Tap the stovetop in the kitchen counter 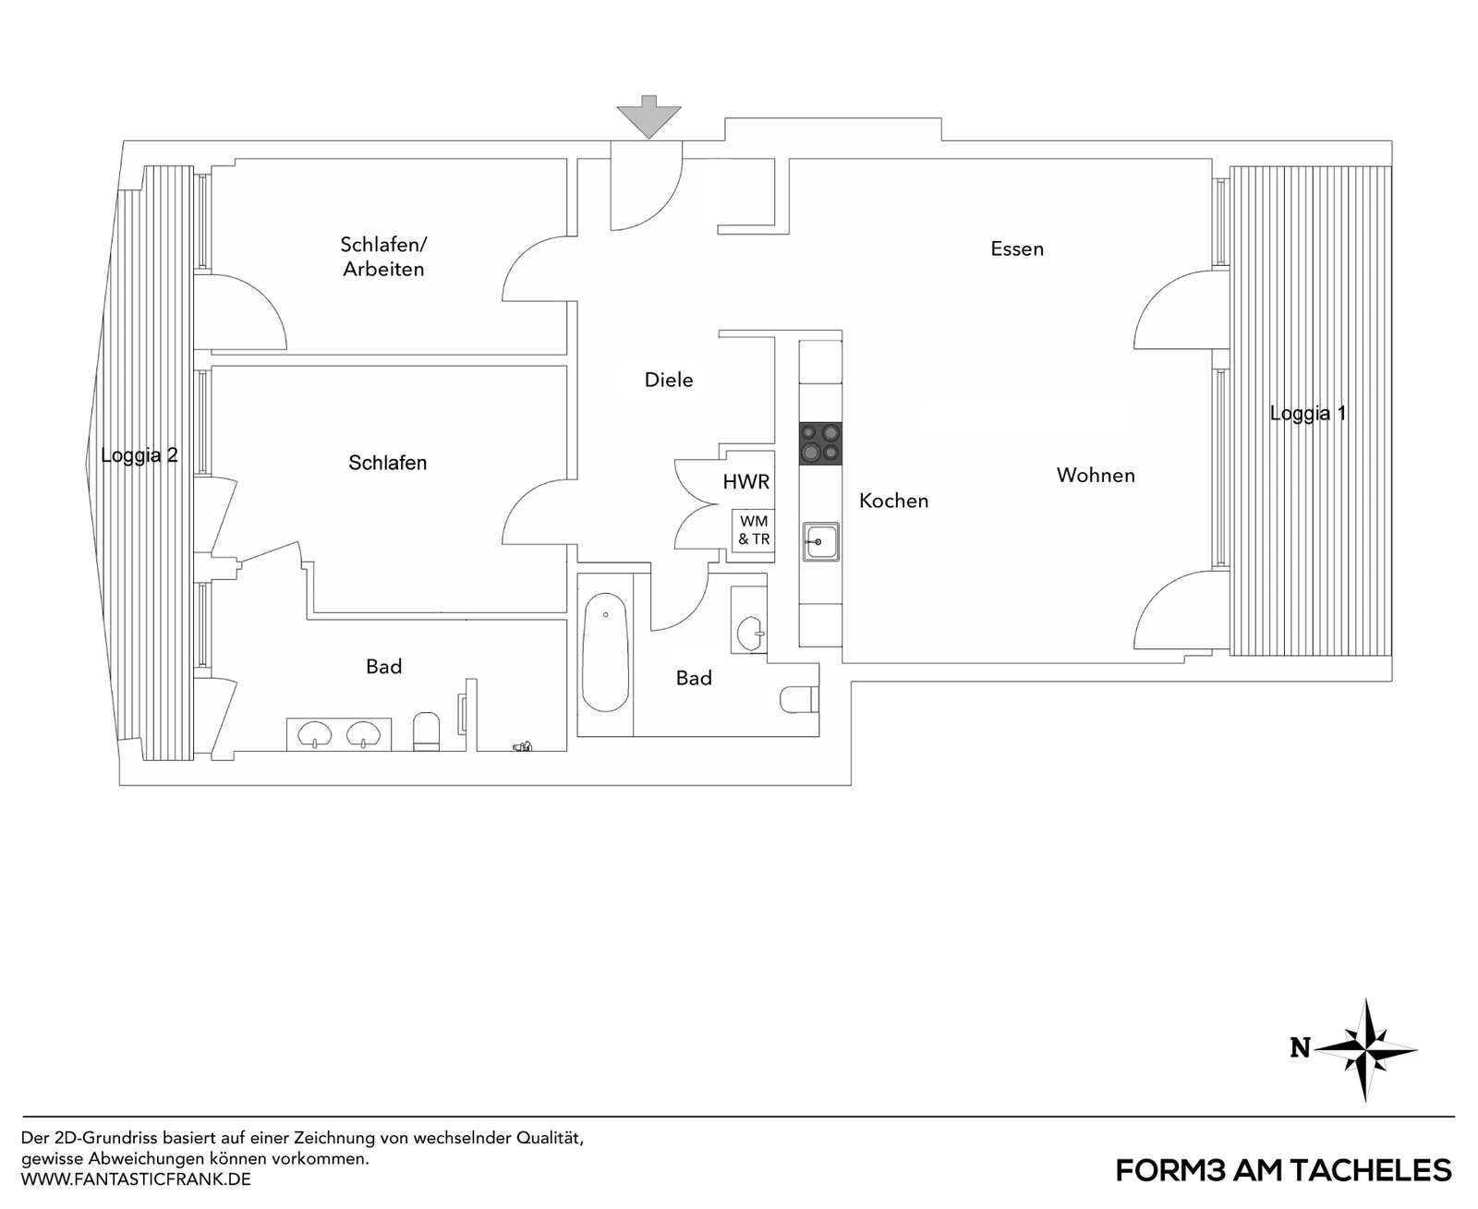coord(820,443)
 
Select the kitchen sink coord(820,541)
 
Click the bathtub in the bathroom coord(605,652)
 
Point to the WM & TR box coord(754,530)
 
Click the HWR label coord(746,482)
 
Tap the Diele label coord(669,380)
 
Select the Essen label coord(1017,248)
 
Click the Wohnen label coord(1096,475)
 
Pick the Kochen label coord(893,501)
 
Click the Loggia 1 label coord(1308,414)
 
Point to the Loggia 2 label coord(139,455)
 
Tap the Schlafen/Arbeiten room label coord(383,257)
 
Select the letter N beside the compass coord(1300,1048)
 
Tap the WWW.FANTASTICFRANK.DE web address coord(136,1179)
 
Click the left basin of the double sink coord(315,734)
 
